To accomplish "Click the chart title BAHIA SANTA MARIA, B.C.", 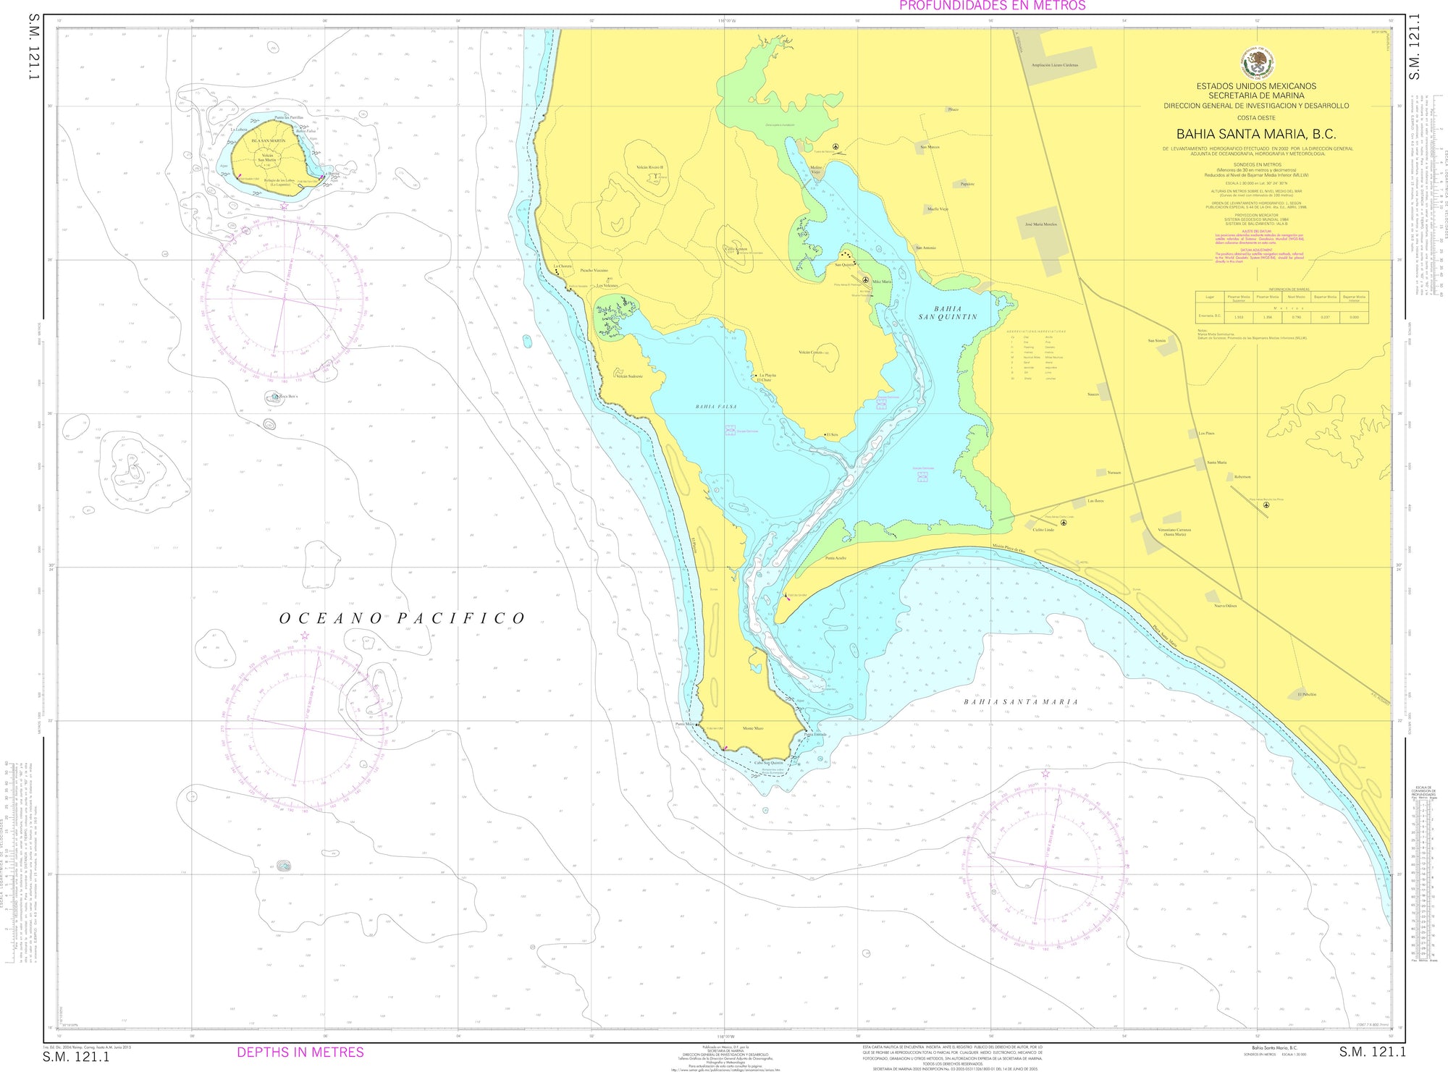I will click(x=1255, y=134).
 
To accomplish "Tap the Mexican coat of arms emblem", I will click(x=1257, y=63).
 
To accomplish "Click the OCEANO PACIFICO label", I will click(x=403, y=618).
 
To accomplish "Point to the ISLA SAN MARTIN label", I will click(x=268, y=141).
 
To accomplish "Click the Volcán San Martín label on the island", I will click(x=267, y=158).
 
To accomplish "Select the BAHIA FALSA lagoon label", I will click(x=715, y=407).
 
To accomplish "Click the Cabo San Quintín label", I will click(x=769, y=762).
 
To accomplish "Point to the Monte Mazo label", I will click(x=753, y=728).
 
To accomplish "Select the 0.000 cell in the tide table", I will click(x=1354, y=317).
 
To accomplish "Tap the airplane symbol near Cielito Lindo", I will click(x=1063, y=522).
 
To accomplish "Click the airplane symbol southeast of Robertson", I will click(x=1266, y=505).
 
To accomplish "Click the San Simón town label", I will click(x=1156, y=340).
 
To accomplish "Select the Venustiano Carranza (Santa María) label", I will click(x=1174, y=532).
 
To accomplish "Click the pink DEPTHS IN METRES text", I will click(x=300, y=1052).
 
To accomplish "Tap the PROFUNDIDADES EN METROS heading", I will click(x=992, y=6).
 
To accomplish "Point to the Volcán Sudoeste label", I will click(x=628, y=376).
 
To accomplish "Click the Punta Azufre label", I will click(x=835, y=558).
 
